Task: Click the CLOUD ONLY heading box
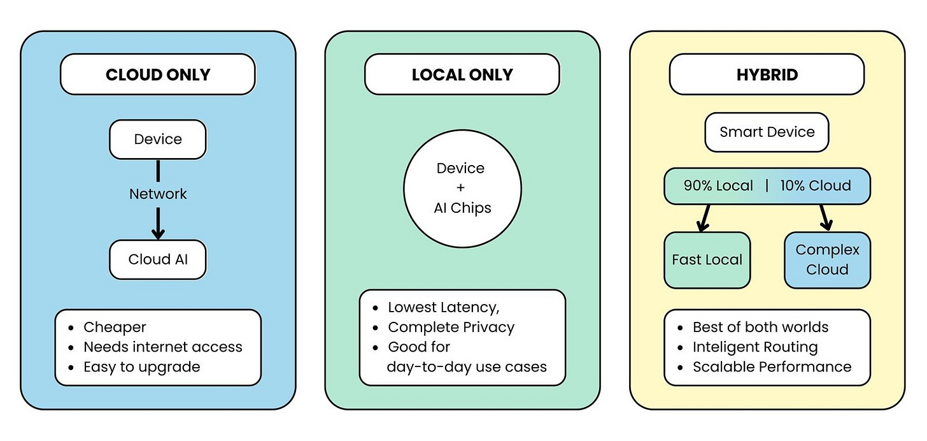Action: [x=157, y=75]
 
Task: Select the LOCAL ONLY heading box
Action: [x=462, y=75]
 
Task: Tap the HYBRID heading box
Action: [x=767, y=75]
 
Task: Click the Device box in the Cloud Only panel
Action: [x=157, y=139]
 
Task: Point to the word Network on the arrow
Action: [x=158, y=194]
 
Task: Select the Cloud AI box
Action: [x=157, y=259]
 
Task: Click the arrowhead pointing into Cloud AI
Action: [x=158, y=232]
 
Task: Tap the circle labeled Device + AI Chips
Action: [x=462, y=189]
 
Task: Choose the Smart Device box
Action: [x=767, y=132]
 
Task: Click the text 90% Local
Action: [x=718, y=185]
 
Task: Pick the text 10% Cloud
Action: [x=816, y=185]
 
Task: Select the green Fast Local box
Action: [x=707, y=260]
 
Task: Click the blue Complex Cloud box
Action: [x=827, y=260]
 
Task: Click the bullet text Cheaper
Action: [x=115, y=327]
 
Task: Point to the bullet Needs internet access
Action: [x=162, y=347]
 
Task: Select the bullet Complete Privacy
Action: [x=451, y=327]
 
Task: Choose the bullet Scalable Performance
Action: [x=772, y=366]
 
